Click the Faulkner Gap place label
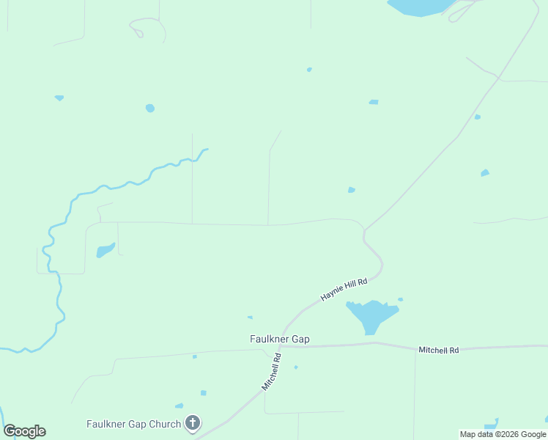coord(278,339)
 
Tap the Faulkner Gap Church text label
coord(133,424)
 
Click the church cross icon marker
coord(193,422)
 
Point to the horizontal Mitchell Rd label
coord(438,351)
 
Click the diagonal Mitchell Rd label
coord(272,372)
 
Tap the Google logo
coord(24,431)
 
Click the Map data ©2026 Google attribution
coord(503,434)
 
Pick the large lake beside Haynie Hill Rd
coord(372,315)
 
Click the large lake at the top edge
coord(421,7)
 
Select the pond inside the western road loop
coord(105,251)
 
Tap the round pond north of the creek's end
coord(150,109)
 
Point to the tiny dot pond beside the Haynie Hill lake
coord(400,299)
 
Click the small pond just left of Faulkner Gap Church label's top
coord(179,406)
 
